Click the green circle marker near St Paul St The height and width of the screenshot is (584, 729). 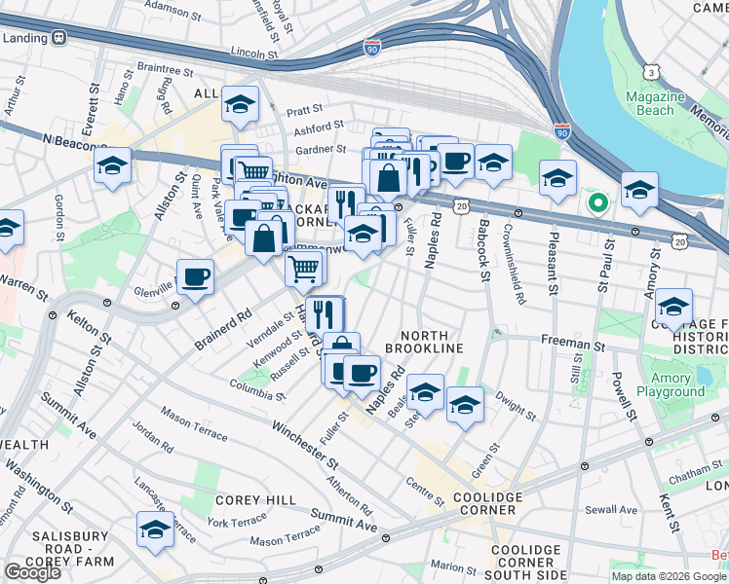pos(597,202)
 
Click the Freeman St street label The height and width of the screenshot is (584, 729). pos(573,346)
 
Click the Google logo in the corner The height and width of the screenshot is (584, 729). pos(32,572)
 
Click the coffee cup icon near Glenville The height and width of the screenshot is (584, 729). pos(195,277)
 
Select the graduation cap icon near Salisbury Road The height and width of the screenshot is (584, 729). pos(154,530)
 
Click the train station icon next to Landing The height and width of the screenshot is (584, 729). pos(58,38)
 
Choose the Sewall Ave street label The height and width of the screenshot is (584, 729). pos(610,510)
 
